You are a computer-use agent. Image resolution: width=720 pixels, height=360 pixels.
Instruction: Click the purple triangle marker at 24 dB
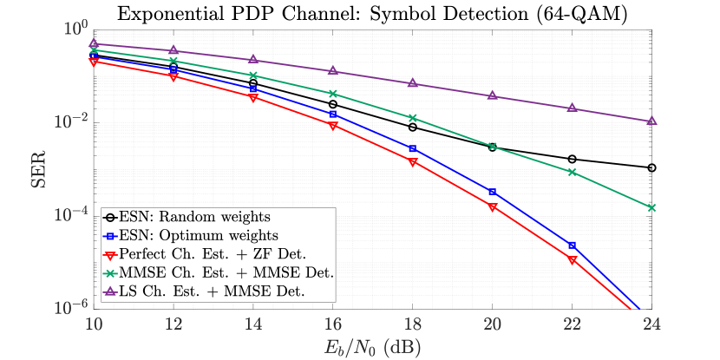(x=651, y=121)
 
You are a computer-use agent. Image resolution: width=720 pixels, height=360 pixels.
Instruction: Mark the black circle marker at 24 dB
(x=651, y=167)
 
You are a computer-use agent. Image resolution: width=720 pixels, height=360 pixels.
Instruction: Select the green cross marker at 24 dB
(x=651, y=207)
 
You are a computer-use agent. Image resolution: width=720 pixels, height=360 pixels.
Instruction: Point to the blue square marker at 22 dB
(x=572, y=245)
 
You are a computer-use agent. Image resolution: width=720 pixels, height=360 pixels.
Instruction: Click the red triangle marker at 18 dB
(x=413, y=162)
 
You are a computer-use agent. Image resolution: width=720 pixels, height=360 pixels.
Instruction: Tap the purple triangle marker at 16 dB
(x=333, y=70)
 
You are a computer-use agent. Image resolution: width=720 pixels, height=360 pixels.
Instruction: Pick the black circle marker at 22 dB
(x=572, y=159)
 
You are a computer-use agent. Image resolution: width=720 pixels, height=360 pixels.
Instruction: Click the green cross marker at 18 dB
(x=413, y=118)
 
